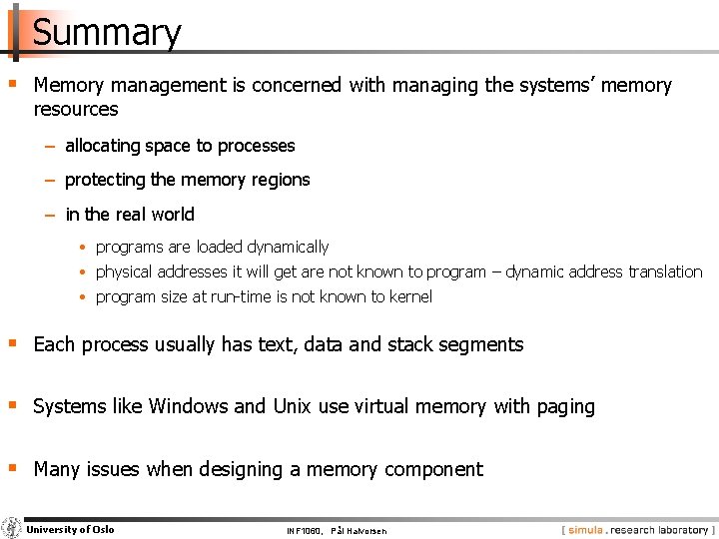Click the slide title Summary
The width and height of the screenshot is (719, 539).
[107, 32]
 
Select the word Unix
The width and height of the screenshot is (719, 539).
[292, 406]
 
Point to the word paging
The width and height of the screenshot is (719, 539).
[565, 407]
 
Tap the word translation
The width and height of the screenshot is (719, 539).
[665, 271]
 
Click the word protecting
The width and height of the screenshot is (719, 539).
[105, 180]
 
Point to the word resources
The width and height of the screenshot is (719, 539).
[76, 109]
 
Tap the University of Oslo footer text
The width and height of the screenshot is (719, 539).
[70, 529]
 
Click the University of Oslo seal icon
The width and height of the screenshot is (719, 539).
[11, 529]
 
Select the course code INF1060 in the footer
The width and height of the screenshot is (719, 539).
[303, 530]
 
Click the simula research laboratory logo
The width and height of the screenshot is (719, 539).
[637, 529]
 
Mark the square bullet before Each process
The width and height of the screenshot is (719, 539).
[12, 343]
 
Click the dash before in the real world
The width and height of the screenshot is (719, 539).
[50, 215]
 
